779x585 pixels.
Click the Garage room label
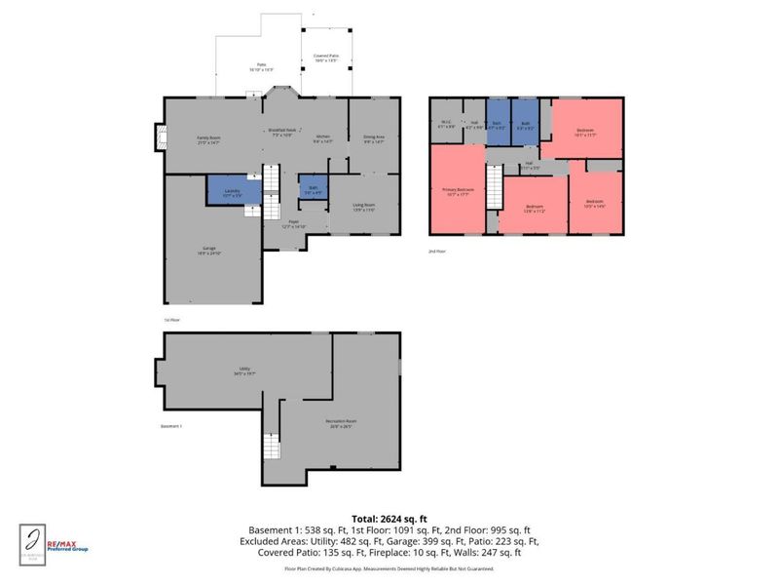pyautogui.click(x=209, y=250)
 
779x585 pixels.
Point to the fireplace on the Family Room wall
pyautogui.click(x=158, y=139)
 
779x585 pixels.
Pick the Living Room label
pyautogui.click(x=364, y=206)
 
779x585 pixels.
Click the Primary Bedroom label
pyautogui.click(x=458, y=191)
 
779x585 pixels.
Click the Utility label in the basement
pyautogui.click(x=238, y=370)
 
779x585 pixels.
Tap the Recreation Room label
pyautogui.click(x=339, y=424)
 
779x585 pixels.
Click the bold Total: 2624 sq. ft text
pyautogui.click(x=389, y=518)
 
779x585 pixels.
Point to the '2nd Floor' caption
pyautogui.click(x=437, y=252)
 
